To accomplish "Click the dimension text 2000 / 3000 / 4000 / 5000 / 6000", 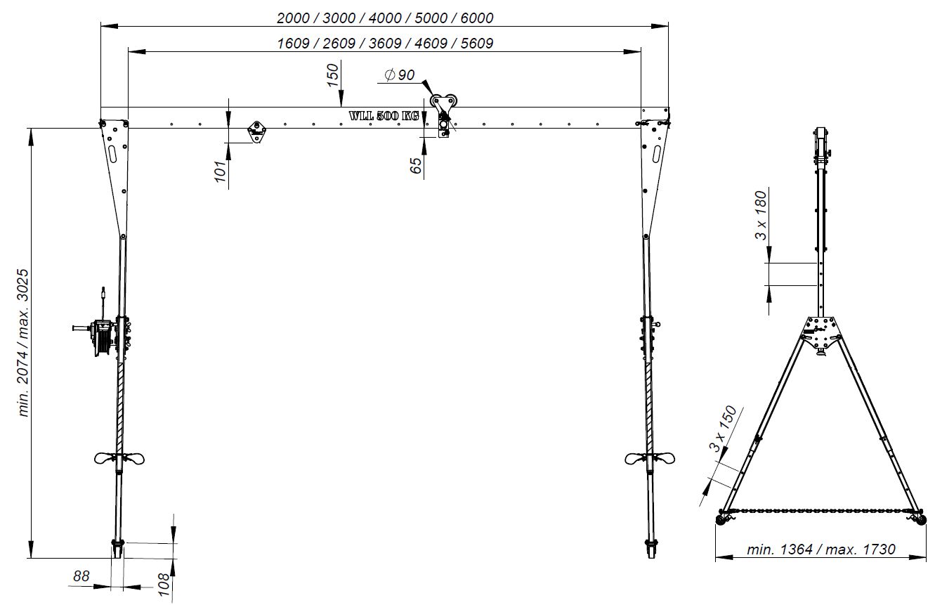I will click(x=385, y=18).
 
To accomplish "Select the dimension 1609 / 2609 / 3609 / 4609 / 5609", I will click(x=385, y=44).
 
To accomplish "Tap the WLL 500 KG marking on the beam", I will click(x=384, y=116).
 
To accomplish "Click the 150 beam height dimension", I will click(x=334, y=74).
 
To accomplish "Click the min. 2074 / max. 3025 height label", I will click(x=25, y=343).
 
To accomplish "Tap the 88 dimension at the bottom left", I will click(x=81, y=576).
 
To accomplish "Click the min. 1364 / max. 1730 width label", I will click(x=820, y=549).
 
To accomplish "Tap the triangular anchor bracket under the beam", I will click(x=256, y=131).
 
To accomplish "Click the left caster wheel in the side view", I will click(x=722, y=519).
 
